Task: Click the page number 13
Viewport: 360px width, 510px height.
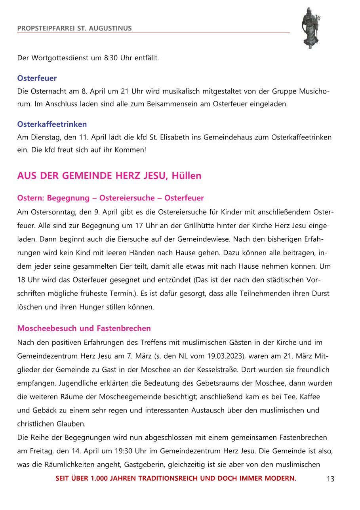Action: (330, 479)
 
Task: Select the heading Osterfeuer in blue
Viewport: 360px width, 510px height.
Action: (37, 78)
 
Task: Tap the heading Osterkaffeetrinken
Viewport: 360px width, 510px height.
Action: (52, 124)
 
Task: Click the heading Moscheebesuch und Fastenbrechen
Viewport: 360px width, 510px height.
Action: (84, 328)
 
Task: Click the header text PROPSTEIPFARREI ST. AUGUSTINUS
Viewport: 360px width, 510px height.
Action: (74, 28)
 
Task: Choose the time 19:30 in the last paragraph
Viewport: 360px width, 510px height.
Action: (128, 451)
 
